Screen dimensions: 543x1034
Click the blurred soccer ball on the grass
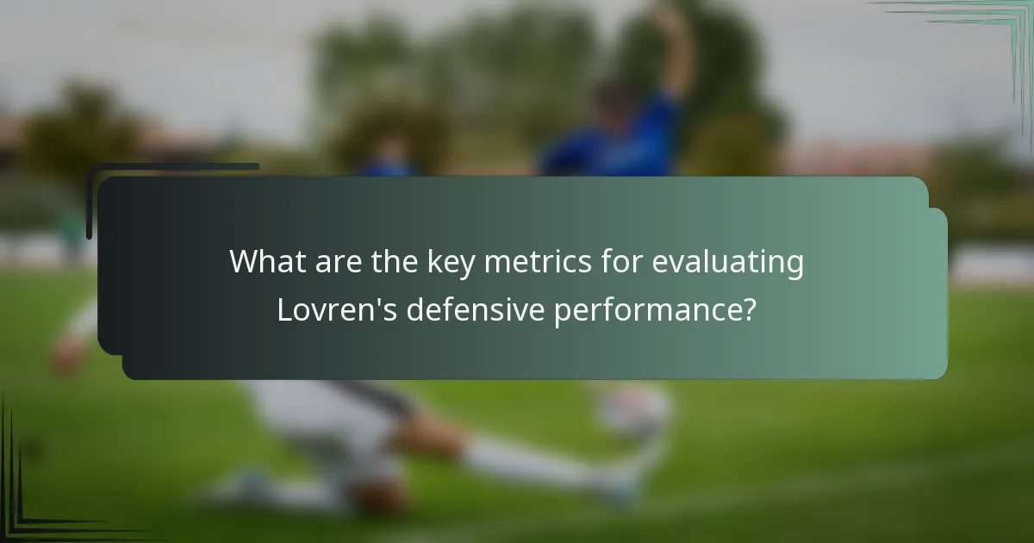pyautogui.click(x=635, y=409)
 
